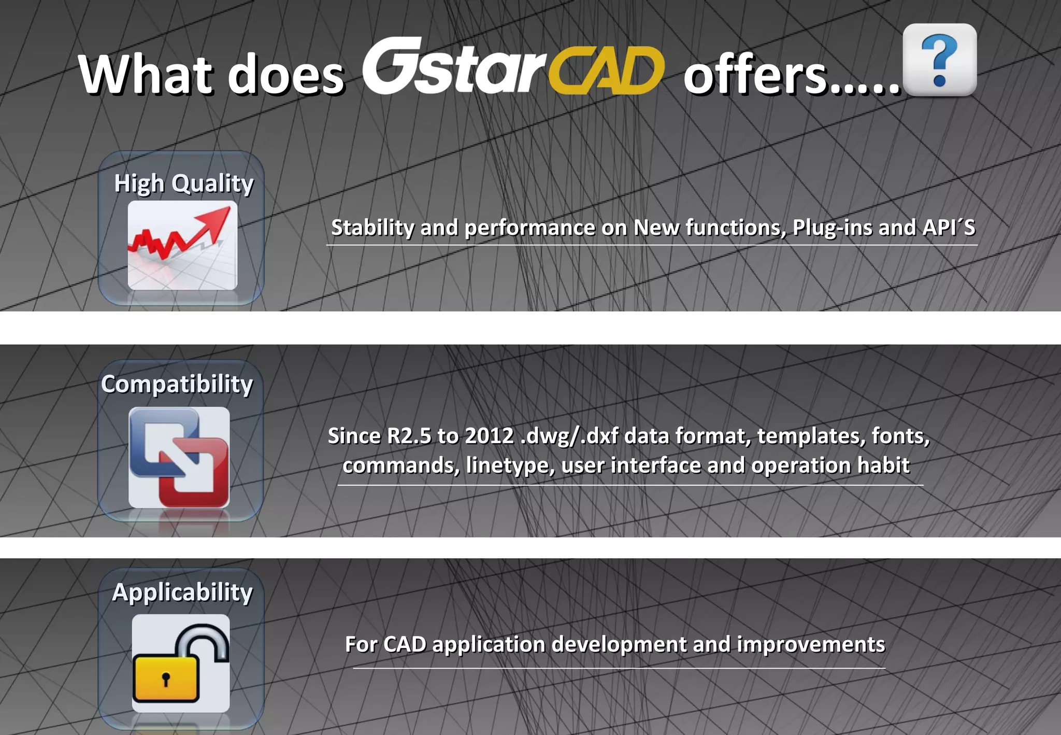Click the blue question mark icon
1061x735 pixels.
pyautogui.click(x=939, y=60)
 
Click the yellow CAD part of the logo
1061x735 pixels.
pyautogui.click(x=606, y=71)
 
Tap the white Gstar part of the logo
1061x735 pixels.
pyautogui.click(x=453, y=67)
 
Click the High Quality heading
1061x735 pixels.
pyautogui.click(x=183, y=183)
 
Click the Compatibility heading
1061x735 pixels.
pyautogui.click(x=177, y=385)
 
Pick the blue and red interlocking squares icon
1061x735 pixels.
pyautogui.click(x=179, y=457)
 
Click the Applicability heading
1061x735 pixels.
pyautogui.click(x=182, y=592)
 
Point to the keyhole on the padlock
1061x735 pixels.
pyautogui.click(x=166, y=679)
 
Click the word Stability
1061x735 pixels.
pyautogui.click(x=372, y=228)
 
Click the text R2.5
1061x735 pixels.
pyautogui.click(x=409, y=436)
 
